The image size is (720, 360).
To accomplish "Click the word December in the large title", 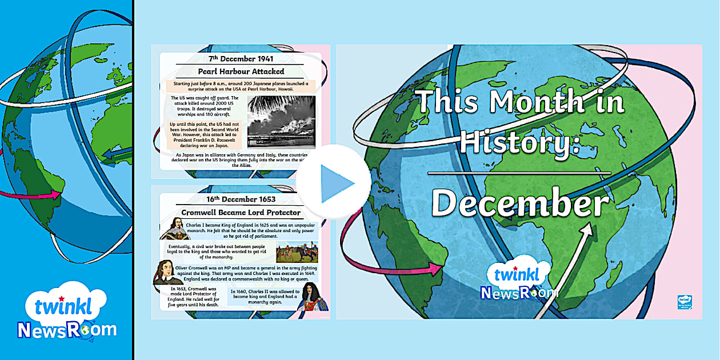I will [x=519, y=203].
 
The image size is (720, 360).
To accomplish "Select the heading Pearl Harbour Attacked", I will [x=241, y=71].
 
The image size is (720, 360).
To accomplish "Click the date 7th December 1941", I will [x=241, y=58].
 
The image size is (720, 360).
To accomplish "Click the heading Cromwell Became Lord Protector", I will [x=241, y=213].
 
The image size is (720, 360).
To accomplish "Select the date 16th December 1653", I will [x=241, y=199].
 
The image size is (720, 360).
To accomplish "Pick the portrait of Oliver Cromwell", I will [x=168, y=272].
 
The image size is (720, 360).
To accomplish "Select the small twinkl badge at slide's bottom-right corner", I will [x=684, y=302].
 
